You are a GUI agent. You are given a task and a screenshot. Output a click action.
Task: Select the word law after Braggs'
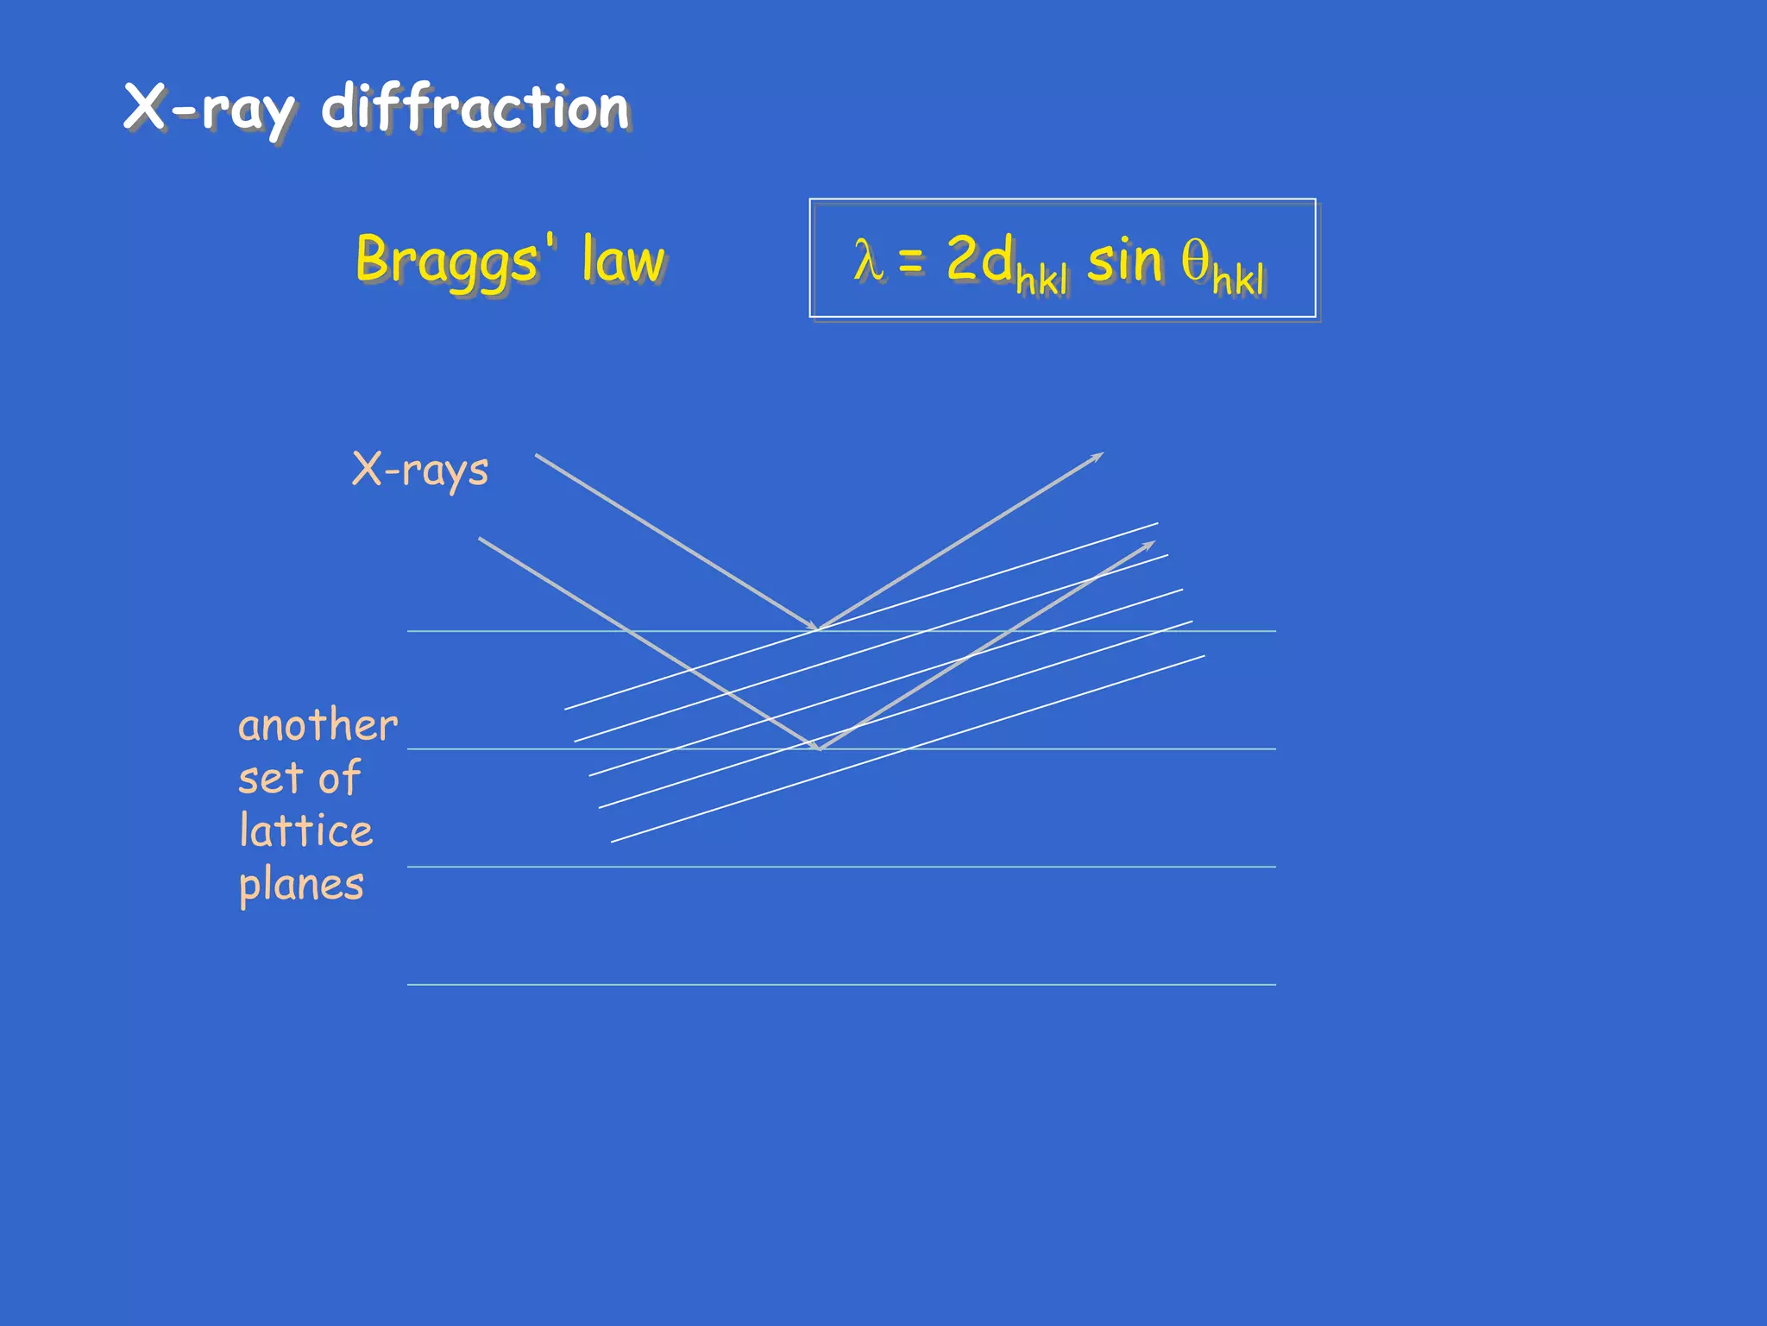pos(623,259)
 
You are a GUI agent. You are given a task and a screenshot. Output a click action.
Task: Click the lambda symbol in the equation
pos(868,260)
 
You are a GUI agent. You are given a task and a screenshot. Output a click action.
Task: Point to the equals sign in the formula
pos(911,260)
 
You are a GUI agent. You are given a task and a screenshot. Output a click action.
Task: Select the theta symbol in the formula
pos(1195,259)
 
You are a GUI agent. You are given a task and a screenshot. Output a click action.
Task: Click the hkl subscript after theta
pos(1238,280)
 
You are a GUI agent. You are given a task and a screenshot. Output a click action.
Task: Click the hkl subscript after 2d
pos(1042,280)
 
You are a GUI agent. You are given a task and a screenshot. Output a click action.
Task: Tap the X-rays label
pos(420,470)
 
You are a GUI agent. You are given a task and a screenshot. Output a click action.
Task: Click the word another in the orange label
pos(318,725)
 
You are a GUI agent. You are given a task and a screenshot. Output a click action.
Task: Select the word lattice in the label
pos(306,830)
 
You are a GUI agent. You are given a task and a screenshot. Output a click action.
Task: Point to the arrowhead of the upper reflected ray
pos(1097,456)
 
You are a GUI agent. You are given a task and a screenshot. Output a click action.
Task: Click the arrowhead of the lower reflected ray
pos(1148,546)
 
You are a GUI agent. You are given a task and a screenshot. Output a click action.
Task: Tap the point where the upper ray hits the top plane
pos(817,629)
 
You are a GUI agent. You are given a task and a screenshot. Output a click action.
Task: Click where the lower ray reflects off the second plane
pos(820,748)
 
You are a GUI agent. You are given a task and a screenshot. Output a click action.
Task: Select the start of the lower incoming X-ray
pos(481,540)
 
